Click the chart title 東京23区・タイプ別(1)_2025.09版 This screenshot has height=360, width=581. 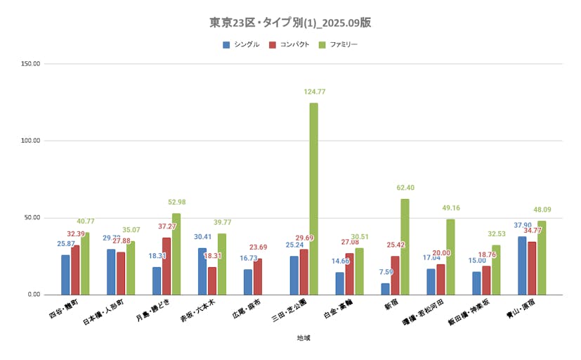click(x=290, y=22)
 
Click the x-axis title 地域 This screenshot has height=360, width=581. click(x=303, y=337)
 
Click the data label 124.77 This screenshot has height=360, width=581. click(x=315, y=92)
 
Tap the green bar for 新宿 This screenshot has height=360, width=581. click(x=405, y=246)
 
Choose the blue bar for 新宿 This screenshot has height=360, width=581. click(x=385, y=288)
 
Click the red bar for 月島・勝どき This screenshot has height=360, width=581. click(x=167, y=266)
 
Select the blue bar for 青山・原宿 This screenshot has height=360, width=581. click(x=522, y=265)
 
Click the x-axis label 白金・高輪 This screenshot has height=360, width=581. click(x=339, y=308)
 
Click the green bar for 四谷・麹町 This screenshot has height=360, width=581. click(x=85, y=263)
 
